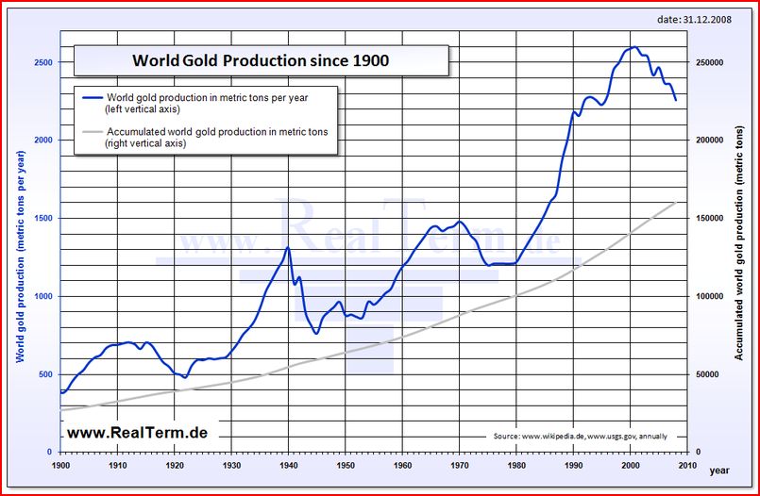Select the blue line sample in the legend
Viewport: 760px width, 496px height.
[93, 98]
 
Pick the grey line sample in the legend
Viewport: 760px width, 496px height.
[93, 132]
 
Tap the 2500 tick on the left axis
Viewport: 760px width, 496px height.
[43, 62]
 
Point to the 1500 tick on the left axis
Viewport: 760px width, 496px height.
[43, 218]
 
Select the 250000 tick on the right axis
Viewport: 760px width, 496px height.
[710, 62]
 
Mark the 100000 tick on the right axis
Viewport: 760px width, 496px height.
[710, 296]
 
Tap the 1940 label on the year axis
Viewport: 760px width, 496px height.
[288, 465]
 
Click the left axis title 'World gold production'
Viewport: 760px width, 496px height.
[21, 255]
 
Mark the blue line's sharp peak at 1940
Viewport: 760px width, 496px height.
[288, 247]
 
